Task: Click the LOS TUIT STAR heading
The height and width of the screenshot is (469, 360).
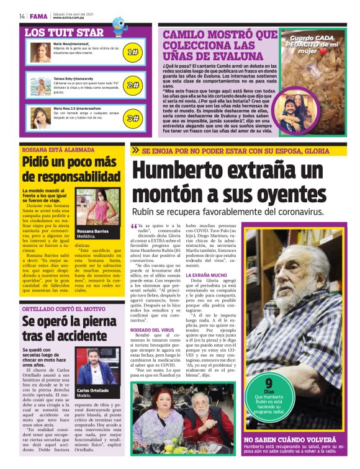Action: click(64, 32)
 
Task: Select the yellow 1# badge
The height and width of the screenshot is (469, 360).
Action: click(132, 53)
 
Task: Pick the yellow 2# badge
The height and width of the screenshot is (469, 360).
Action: click(132, 86)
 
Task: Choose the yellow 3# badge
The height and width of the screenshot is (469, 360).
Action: click(132, 117)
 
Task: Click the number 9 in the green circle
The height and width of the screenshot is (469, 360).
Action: click(269, 383)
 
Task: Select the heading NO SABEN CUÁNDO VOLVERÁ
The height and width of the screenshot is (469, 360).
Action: click(290, 439)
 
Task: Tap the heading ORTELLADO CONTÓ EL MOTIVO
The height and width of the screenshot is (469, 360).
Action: click(63, 308)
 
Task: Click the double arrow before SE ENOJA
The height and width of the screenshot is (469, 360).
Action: click(135, 150)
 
